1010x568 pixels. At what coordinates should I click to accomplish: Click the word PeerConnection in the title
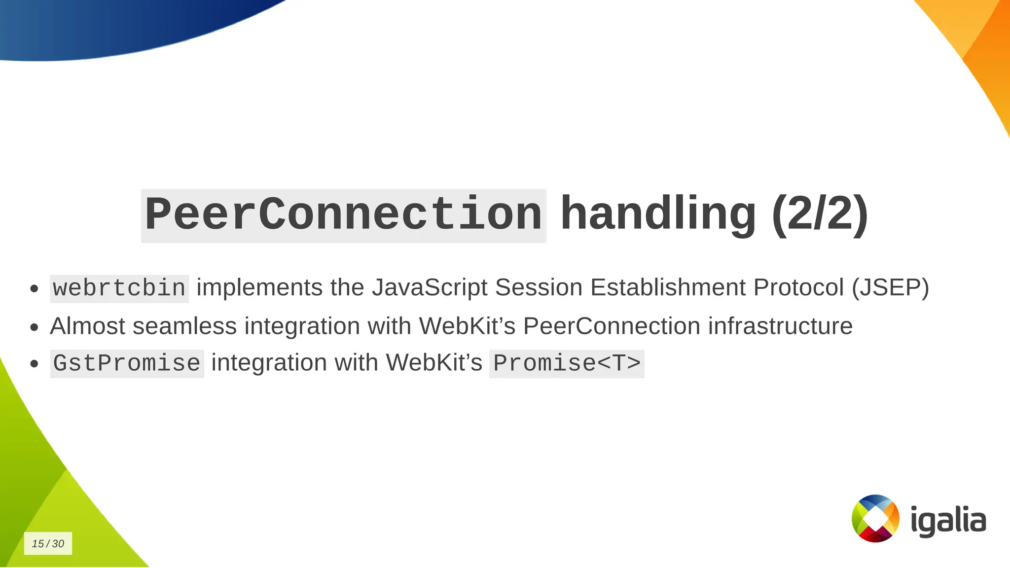(344, 215)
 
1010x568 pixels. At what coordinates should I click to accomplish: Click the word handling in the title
(658, 214)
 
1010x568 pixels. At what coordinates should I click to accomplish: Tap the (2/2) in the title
(819, 214)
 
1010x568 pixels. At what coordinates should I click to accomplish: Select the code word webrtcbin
(119, 288)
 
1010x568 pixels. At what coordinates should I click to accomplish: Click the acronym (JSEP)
(890, 287)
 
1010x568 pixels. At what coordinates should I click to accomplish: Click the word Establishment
(668, 287)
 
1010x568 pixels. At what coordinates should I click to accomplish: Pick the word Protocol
(798, 287)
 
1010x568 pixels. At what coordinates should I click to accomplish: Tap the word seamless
(185, 326)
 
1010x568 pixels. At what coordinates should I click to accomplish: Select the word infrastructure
(780, 326)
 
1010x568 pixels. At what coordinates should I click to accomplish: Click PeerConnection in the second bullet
(612, 326)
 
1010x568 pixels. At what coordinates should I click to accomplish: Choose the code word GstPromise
(127, 364)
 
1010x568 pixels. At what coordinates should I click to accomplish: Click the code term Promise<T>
(567, 364)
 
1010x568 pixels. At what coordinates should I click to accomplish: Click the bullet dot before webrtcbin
(34, 288)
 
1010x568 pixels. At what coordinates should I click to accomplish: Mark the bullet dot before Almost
(34, 327)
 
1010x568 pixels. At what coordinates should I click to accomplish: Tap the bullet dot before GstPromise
(34, 364)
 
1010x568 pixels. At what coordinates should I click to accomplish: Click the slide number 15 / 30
(48, 543)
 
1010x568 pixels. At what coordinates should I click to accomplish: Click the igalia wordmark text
(948, 520)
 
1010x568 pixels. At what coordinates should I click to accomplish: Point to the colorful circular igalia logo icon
(875, 518)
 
